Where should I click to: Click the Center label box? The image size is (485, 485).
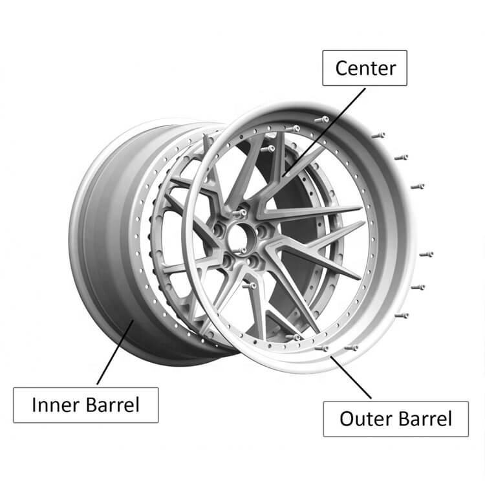tap(365, 67)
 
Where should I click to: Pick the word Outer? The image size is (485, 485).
tap(363, 418)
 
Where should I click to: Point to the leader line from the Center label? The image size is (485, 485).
tap(319, 127)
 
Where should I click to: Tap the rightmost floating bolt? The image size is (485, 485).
tap(427, 254)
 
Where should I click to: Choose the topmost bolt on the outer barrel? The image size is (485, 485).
tap(323, 120)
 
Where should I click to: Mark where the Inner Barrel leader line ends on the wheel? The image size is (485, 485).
tap(133, 321)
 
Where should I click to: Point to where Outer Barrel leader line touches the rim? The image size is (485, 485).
tap(332, 356)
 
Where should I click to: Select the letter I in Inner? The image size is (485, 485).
tap(35, 405)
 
